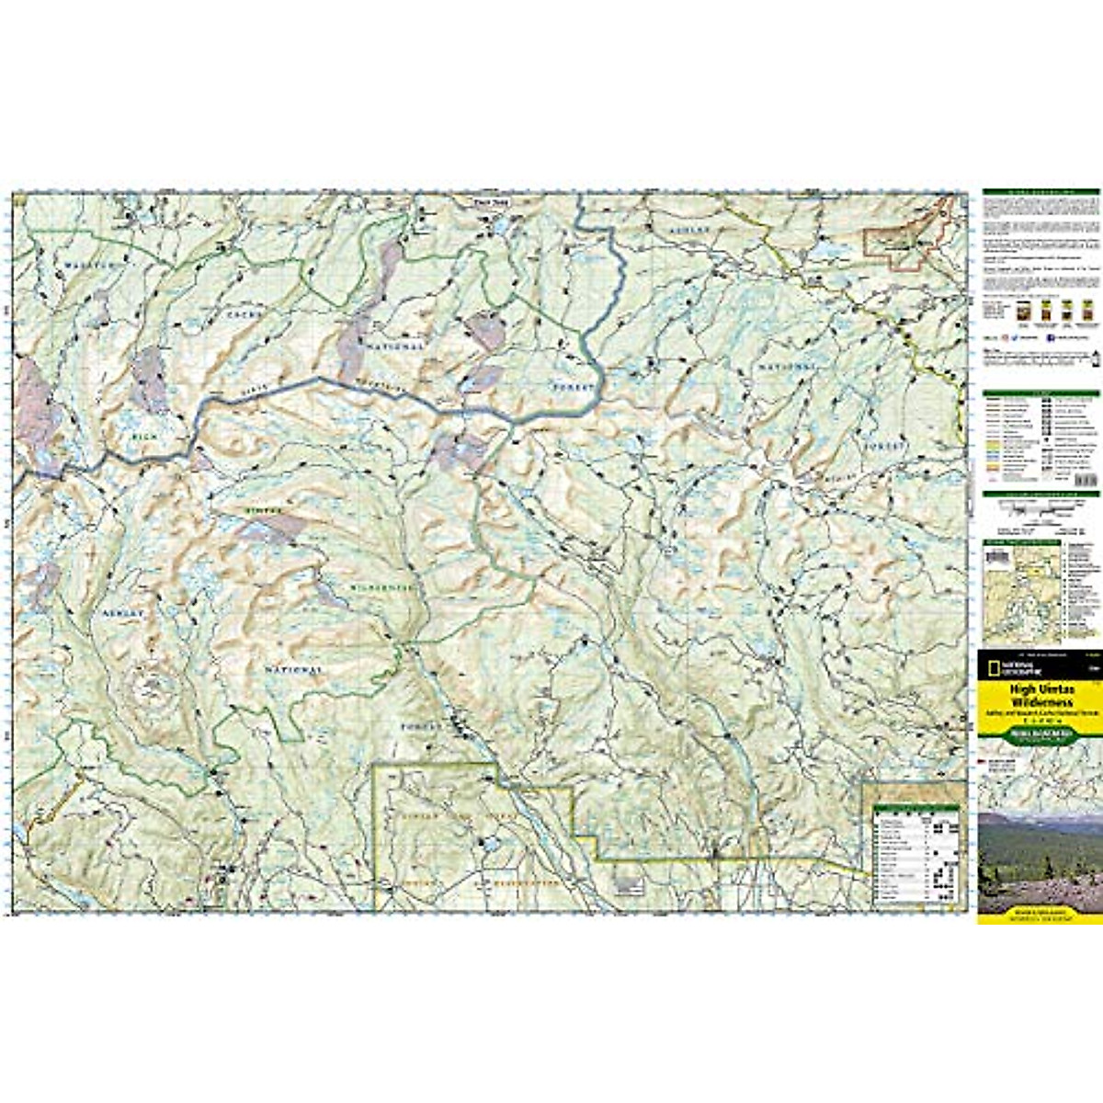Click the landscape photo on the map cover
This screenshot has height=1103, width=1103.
point(1040,859)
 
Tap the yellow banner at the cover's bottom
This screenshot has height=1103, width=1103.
point(1040,915)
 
